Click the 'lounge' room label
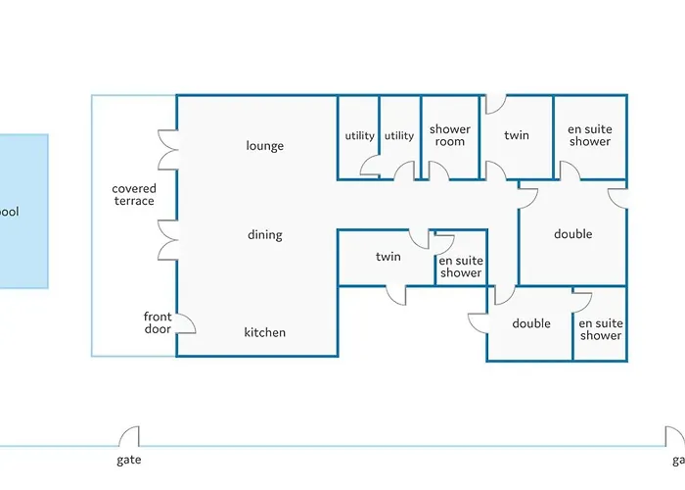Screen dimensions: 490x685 click(264, 146)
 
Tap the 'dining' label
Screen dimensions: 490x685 click(264, 234)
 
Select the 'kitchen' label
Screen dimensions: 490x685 click(264, 332)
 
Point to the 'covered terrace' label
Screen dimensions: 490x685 click(133, 195)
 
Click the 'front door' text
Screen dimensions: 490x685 click(158, 322)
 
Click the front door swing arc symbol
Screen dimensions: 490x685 click(185, 321)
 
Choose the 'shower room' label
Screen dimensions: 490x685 click(450, 135)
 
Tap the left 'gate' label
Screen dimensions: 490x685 click(128, 459)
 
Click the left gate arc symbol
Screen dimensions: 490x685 click(128, 436)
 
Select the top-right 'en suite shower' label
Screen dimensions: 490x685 click(589, 135)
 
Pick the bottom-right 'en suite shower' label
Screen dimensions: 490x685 click(600, 329)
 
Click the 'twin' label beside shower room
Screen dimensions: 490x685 click(517, 135)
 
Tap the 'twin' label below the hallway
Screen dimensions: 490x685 click(388, 257)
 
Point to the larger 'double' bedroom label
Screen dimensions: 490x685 click(572, 234)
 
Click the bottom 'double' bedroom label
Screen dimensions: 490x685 click(531, 323)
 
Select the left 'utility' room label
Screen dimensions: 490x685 click(359, 135)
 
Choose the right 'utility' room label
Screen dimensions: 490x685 click(399, 135)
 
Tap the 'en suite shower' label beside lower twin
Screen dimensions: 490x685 click(460, 267)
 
